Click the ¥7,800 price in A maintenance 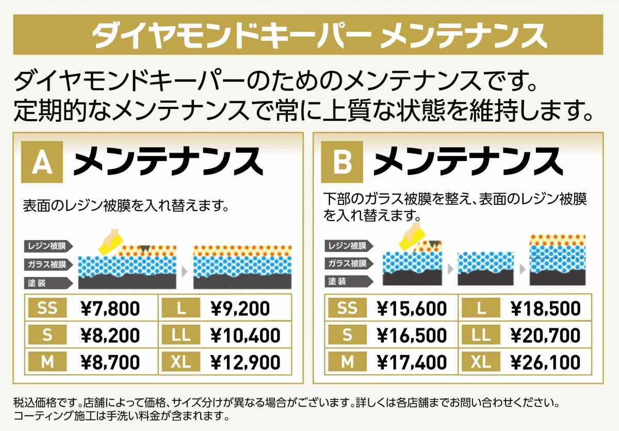110,309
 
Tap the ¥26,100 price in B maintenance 546,362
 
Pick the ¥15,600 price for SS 412,309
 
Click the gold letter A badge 42,162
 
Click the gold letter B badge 342,162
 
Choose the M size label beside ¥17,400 347,362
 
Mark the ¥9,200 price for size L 240,309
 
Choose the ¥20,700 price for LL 546,336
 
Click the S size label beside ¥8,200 47,336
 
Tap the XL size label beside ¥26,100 481,362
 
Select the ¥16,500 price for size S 412,336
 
